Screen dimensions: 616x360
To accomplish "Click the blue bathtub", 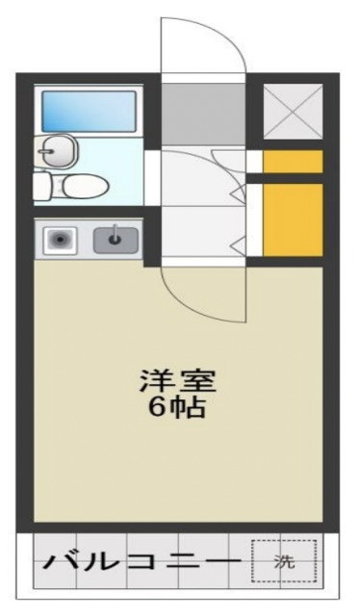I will tap(90, 111).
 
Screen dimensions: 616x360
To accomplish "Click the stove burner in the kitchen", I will tap(62, 240).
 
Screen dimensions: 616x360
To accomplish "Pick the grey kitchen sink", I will tap(116, 239).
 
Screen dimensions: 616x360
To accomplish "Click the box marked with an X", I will tap(292, 112).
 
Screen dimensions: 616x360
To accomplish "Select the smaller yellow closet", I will tap(293, 162).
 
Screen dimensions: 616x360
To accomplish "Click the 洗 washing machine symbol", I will tap(283, 561).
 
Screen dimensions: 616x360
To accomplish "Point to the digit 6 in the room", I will tap(156, 407).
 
